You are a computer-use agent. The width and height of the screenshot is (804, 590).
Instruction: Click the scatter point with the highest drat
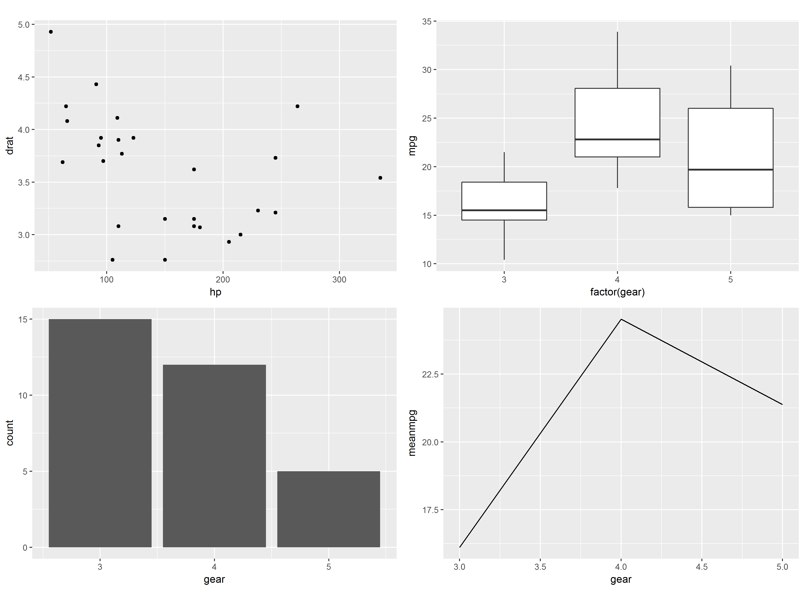click(x=51, y=32)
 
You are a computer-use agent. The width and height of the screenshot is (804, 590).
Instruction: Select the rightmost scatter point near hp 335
click(x=380, y=178)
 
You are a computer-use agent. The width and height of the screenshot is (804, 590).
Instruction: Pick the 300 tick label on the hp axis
click(x=339, y=280)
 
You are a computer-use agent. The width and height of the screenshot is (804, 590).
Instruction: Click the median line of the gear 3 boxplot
click(x=504, y=210)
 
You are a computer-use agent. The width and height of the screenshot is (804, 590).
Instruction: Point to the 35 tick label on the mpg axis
click(x=427, y=21)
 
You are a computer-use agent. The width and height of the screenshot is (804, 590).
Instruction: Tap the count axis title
click(x=10, y=433)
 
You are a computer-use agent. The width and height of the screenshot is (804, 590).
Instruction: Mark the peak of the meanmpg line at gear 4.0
click(x=621, y=319)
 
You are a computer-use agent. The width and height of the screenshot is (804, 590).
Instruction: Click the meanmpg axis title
click(x=412, y=433)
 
